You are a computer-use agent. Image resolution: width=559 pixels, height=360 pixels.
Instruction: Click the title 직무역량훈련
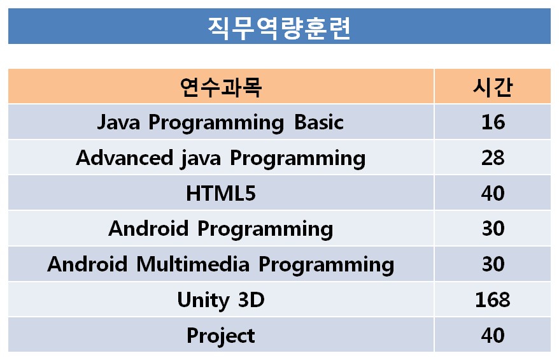pyautogui.click(x=279, y=28)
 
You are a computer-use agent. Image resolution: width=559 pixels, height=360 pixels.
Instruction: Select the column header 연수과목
pyautogui.click(x=221, y=87)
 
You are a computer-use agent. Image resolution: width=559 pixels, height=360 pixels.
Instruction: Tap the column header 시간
pyautogui.click(x=493, y=87)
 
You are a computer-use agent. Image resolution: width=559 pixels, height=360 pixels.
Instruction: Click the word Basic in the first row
pyautogui.click(x=319, y=122)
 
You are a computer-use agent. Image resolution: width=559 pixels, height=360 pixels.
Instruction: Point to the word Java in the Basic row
pyautogui.click(x=118, y=122)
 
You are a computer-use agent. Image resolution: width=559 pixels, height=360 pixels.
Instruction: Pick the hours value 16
pyautogui.click(x=493, y=122)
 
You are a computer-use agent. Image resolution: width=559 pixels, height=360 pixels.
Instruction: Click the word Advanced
pyautogui.click(x=124, y=158)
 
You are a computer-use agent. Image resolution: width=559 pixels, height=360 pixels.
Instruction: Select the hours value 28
pyautogui.click(x=493, y=158)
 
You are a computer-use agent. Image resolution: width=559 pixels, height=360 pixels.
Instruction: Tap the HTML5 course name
pyautogui.click(x=221, y=193)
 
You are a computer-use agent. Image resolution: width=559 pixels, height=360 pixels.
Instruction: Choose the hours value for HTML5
pyautogui.click(x=493, y=193)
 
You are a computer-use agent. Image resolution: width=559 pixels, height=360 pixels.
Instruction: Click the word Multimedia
pyautogui.click(x=193, y=264)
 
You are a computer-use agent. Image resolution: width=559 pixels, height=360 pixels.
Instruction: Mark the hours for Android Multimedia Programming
pyautogui.click(x=493, y=264)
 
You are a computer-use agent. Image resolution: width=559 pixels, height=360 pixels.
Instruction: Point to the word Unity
pyautogui.click(x=203, y=300)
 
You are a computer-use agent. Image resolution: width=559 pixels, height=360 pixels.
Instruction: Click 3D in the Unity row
pyautogui.click(x=251, y=299)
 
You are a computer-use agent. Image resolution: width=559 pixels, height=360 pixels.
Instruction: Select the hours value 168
pyautogui.click(x=493, y=299)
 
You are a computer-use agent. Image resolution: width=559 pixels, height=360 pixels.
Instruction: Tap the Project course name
pyautogui.click(x=221, y=336)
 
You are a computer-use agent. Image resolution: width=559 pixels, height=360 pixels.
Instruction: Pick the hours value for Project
pyautogui.click(x=493, y=335)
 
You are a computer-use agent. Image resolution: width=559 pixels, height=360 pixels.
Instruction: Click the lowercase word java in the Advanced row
pyautogui.click(x=201, y=159)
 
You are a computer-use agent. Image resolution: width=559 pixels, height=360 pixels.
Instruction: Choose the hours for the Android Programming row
pyautogui.click(x=493, y=228)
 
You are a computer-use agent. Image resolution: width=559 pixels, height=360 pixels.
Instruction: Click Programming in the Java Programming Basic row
pyautogui.click(x=216, y=123)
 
